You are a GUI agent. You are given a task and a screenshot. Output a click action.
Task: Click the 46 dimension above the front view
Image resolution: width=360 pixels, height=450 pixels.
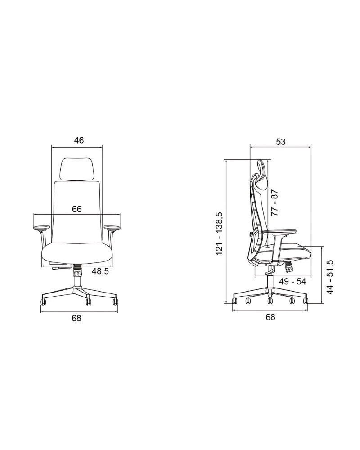pyautogui.click(x=79, y=140)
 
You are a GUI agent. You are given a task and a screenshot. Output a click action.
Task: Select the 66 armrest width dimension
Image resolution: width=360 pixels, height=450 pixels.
pyautogui.click(x=76, y=209)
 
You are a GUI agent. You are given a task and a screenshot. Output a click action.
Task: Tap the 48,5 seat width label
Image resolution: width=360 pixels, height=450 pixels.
pyautogui.click(x=100, y=271)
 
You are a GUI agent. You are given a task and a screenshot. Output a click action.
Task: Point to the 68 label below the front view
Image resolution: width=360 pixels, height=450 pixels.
pyautogui.click(x=76, y=318)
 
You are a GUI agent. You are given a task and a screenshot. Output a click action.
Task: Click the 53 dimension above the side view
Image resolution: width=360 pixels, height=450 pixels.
pyautogui.click(x=281, y=142)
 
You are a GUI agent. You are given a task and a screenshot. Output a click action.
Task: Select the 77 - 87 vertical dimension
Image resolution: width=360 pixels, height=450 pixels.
pyautogui.click(x=274, y=202)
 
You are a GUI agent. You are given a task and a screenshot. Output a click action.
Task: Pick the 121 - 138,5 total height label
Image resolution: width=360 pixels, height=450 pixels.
pyautogui.click(x=219, y=234)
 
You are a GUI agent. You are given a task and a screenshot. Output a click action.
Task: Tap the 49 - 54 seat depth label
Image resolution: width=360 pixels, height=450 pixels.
pyautogui.click(x=292, y=282)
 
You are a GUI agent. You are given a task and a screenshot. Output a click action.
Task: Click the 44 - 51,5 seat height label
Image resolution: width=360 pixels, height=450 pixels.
pyautogui.click(x=330, y=277)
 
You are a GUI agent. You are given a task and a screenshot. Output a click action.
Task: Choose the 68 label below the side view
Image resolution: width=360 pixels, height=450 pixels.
pyautogui.click(x=270, y=317)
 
